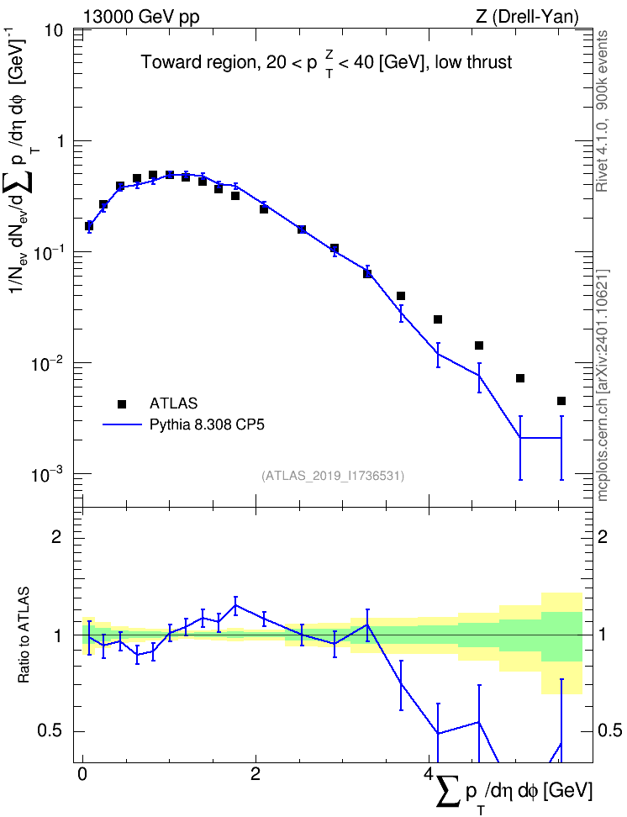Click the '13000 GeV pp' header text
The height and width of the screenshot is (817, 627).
point(140,17)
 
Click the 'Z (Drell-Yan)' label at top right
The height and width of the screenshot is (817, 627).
point(527,17)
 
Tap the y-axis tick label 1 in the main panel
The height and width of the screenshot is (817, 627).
point(58,141)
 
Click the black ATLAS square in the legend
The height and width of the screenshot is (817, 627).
point(122,403)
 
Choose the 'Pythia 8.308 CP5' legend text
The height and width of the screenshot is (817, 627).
point(207,425)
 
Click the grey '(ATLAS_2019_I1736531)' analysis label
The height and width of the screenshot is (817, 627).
point(333,476)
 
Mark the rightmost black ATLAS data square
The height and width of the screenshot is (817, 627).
point(561,401)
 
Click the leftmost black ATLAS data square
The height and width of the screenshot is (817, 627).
point(89,226)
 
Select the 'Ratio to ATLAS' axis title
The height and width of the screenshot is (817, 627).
point(24,635)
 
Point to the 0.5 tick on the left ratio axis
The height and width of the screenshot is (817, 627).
point(50,731)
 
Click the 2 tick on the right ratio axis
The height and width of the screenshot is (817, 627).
point(603,537)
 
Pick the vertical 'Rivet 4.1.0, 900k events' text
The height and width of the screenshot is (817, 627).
point(602,111)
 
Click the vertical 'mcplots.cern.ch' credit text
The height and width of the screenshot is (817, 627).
point(603,386)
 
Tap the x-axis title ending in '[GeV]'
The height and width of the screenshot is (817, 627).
point(514,793)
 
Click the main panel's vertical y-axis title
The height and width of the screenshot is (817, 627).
point(24,166)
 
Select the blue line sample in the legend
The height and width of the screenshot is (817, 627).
point(122,425)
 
